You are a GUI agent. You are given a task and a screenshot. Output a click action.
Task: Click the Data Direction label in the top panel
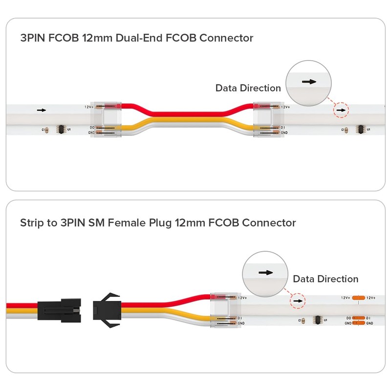[x=248, y=88]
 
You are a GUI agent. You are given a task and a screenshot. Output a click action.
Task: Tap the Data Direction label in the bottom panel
[x=326, y=279]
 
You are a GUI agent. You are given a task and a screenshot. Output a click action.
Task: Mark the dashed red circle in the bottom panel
[x=296, y=301]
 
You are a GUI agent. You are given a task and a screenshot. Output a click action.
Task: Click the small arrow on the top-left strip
[x=42, y=110]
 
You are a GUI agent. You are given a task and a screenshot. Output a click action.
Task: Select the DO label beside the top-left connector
[x=91, y=128]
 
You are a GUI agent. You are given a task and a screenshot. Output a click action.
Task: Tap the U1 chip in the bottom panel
[x=315, y=320]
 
